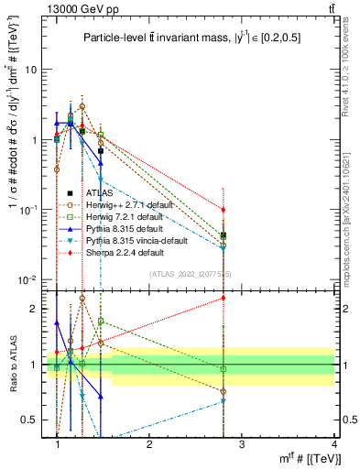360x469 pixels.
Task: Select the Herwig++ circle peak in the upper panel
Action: point(82,106)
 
